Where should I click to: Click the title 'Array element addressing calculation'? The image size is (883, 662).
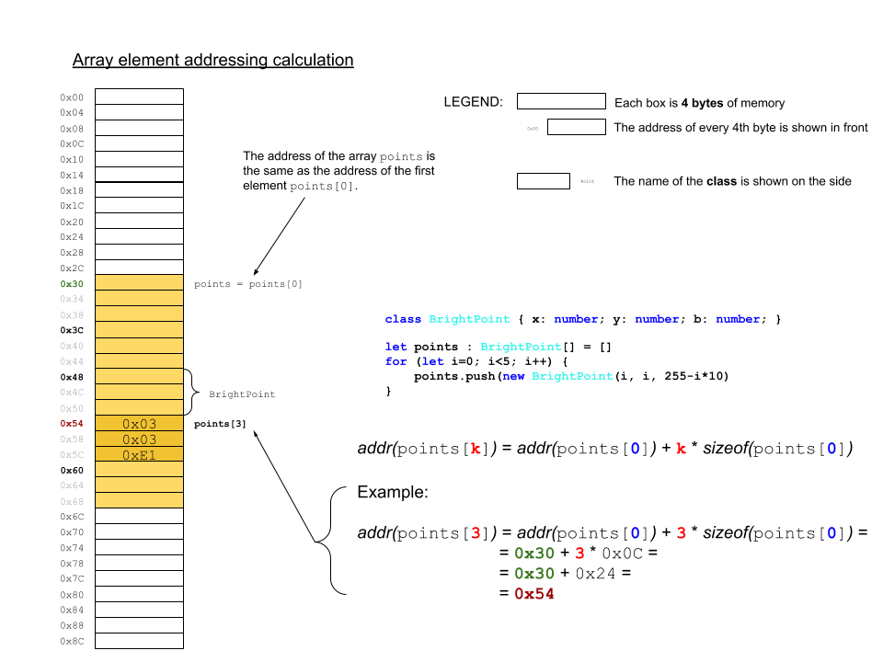212,61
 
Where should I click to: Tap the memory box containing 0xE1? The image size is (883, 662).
140,454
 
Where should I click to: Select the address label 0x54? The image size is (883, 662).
72,424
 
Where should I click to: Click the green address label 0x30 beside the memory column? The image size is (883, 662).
72,284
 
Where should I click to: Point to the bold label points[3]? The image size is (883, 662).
220,424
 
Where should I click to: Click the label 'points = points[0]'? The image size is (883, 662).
248,284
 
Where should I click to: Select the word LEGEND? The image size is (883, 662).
473,102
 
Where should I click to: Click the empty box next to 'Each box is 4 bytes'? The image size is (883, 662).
561,102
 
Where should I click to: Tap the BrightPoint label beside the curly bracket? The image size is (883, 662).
242,394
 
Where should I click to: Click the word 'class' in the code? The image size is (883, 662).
403,319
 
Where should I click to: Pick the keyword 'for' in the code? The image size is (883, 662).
396,362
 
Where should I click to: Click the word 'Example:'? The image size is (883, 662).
393,493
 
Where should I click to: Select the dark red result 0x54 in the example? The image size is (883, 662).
533,594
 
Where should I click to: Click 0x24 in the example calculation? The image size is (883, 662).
594,574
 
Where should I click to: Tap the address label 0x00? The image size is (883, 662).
72,97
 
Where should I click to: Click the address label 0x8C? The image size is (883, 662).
72,641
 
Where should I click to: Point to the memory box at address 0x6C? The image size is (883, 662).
139,517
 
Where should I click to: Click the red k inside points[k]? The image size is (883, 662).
475,449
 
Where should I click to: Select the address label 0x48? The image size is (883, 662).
72,377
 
